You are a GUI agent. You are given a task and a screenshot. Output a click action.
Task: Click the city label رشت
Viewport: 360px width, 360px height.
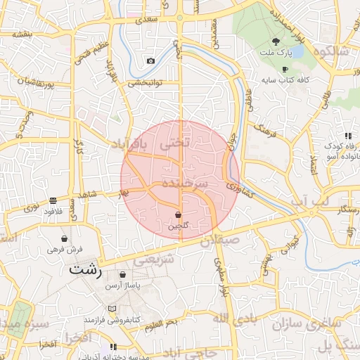(x=86, y=269)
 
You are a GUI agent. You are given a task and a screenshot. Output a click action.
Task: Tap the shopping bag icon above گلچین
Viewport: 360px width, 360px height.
(x=178, y=214)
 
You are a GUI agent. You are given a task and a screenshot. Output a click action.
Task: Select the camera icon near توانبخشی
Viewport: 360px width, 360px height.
(x=150, y=61)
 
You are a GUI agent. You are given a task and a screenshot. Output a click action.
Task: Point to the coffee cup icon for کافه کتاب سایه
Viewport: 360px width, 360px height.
(x=285, y=69)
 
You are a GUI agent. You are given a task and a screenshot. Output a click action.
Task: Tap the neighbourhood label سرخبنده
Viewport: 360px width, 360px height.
(x=185, y=182)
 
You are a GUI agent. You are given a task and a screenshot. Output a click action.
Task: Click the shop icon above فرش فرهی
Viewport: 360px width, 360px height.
(x=65, y=238)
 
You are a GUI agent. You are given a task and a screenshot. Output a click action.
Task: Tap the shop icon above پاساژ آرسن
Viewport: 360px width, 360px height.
(x=123, y=275)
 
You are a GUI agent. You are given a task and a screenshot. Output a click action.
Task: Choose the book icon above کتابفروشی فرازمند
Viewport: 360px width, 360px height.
(x=112, y=309)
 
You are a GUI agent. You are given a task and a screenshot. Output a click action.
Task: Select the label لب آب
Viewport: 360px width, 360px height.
(x=309, y=202)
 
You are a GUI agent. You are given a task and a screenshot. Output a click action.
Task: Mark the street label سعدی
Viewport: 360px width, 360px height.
(x=148, y=21)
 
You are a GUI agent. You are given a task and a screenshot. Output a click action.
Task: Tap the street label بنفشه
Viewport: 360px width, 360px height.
(x=23, y=34)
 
